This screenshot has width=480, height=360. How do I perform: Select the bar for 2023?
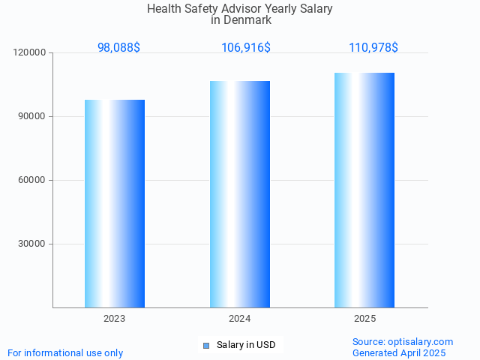[115, 203]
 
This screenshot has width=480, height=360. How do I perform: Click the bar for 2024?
[240, 193]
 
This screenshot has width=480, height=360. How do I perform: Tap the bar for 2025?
[364, 190]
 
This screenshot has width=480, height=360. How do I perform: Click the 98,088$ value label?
[118, 47]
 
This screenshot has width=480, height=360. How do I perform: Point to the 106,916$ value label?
[246, 47]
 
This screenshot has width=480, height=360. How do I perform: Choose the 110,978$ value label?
[373, 47]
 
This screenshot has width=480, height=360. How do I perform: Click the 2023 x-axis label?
[115, 319]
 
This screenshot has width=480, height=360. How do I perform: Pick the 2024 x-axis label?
[240, 319]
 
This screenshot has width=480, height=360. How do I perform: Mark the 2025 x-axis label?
[364, 319]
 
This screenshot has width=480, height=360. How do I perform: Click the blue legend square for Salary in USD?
[205, 345]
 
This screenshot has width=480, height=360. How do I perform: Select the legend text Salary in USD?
[246, 345]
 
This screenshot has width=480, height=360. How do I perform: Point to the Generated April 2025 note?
[399, 352]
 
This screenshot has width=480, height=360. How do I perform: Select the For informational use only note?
[65, 352]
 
